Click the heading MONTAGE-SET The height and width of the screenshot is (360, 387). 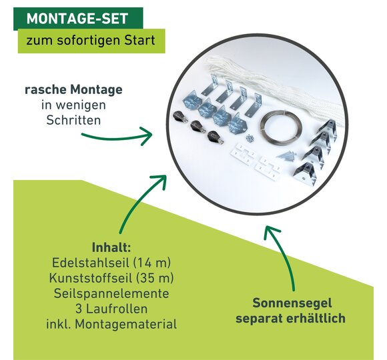point(77,19)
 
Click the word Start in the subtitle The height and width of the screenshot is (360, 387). point(139,40)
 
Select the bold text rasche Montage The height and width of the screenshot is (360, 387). point(73,89)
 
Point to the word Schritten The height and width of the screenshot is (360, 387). point(73,120)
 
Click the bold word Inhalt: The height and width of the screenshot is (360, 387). point(111,247)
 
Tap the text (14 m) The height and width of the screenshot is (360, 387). point(151,263)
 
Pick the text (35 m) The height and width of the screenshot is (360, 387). point(155,278)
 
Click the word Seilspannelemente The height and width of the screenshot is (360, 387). point(111,293)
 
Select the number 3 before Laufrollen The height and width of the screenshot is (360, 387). point(79,309)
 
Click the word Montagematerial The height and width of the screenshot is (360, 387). point(125,324)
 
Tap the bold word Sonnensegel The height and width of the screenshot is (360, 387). point(292,303)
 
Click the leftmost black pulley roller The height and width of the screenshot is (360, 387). point(179,118)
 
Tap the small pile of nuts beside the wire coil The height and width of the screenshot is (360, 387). point(250,138)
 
